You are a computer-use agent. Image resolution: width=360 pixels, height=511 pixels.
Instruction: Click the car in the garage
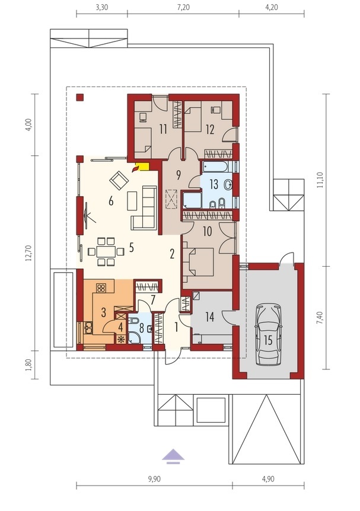point(268,335)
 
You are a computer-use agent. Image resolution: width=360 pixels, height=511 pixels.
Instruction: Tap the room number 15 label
point(268,340)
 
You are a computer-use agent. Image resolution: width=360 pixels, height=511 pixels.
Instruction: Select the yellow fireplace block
point(144,166)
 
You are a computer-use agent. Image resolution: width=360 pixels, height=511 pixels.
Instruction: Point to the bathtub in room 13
point(215,167)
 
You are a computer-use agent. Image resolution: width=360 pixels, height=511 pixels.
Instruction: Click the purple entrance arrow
point(173,455)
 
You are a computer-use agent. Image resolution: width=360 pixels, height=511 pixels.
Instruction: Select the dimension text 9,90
point(154,479)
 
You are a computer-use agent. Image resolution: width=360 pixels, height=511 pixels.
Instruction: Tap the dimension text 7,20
point(183,7)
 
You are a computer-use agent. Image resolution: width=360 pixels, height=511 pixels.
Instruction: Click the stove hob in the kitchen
point(101,288)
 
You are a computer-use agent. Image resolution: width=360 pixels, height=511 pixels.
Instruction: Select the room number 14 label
point(210,317)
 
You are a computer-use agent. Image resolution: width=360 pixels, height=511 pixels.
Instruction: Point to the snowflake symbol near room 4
point(121,339)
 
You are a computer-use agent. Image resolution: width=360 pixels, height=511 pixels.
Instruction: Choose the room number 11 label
point(163,129)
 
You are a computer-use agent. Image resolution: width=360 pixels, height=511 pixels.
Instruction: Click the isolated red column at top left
point(80,97)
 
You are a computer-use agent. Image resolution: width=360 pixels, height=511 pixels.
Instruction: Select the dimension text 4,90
point(268,479)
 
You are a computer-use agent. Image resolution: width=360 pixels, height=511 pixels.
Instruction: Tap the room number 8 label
point(142,327)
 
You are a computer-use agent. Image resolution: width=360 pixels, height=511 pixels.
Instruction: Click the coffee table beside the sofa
point(132,201)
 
